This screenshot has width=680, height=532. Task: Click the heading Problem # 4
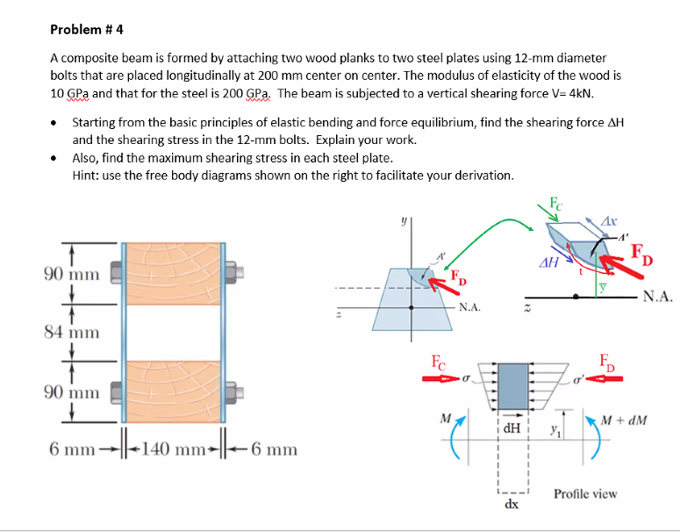[87, 28]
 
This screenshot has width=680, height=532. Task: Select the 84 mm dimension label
[73, 332]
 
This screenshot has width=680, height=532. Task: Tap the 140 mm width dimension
[173, 449]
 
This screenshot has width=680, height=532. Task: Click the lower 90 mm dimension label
[73, 391]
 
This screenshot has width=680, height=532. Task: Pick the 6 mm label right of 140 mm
[274, 449]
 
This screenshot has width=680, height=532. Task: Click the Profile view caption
[584, 493]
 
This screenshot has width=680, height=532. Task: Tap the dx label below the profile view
[512, 506]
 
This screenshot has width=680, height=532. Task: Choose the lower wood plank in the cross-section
[174, 391]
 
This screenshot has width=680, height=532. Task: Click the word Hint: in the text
[87, 175]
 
